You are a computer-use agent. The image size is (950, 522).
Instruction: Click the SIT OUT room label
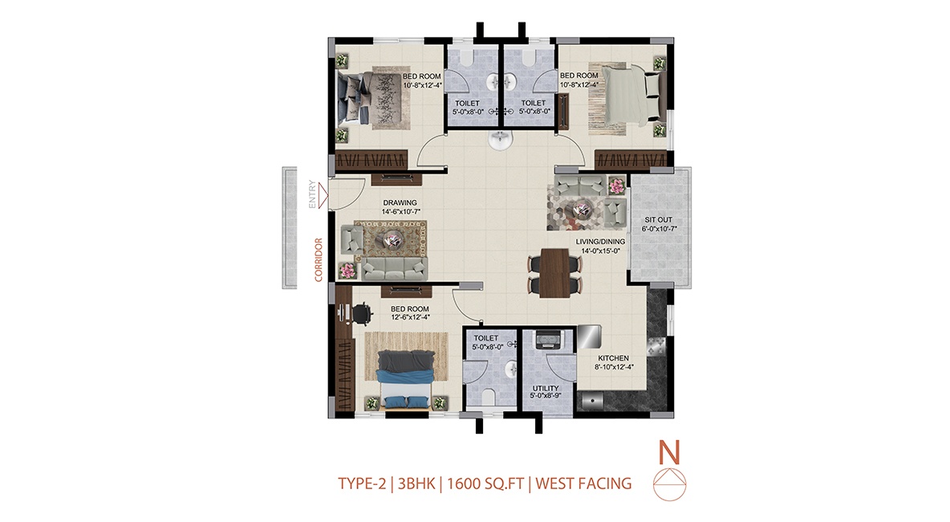[658, 220]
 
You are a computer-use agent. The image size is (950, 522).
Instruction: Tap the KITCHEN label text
[613, 358]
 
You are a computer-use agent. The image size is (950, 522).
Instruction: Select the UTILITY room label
[546, 389]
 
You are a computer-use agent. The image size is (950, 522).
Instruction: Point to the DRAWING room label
[400, 203]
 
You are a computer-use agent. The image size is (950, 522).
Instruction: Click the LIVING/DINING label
[600, 241]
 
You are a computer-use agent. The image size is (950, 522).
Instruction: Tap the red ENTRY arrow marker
[323, 194]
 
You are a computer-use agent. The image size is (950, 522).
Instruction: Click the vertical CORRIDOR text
[319, 259]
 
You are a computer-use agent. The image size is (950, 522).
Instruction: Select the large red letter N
[669, 452]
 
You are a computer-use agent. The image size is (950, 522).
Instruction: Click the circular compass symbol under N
[669, 484]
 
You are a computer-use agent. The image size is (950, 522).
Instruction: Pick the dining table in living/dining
[554, 273]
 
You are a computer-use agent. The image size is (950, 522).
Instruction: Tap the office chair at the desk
[361, 314]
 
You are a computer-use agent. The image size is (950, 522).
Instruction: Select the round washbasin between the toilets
[501, 141]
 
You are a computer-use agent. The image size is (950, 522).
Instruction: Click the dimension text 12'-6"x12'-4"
[410, 317]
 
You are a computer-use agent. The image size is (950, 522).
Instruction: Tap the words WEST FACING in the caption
[583, 483]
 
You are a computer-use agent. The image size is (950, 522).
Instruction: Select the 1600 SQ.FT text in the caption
[485, 483]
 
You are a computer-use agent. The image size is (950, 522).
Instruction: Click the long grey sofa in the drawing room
[395, 268]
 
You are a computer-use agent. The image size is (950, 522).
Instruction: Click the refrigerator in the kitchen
[589, 336]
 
